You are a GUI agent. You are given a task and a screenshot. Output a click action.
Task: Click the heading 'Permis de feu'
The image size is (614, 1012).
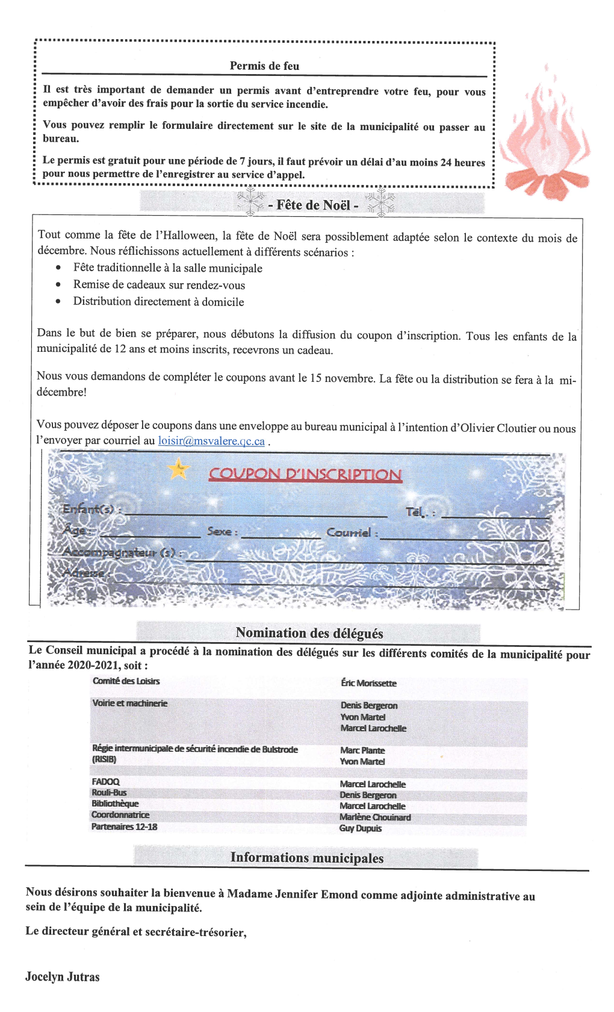coord(264,66)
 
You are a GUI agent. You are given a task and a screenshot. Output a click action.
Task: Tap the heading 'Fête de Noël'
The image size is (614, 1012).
coord(313,205)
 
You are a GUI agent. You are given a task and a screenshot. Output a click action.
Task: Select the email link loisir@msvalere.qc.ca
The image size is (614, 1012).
coord(211,441)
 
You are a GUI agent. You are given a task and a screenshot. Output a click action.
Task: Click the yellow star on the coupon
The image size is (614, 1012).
coord(178,469)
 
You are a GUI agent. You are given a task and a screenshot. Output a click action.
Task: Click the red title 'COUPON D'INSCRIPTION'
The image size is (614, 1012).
coord(305,474)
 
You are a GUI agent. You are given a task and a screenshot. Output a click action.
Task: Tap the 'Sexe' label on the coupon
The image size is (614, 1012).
coord(222,531)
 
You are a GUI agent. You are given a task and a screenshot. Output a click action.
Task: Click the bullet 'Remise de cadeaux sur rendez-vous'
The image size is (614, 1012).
coord(159,285)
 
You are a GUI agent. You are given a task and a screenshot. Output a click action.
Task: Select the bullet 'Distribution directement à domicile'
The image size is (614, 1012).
coord(158,302)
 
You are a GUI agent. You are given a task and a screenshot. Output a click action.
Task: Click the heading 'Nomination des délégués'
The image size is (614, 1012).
coord(309,633)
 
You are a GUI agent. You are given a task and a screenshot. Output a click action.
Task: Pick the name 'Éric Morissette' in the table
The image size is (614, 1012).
coord(368,683)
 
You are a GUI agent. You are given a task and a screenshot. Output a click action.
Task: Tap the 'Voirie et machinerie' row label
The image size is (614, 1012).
coord(129,703)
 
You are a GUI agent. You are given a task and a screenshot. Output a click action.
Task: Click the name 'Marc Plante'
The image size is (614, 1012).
coord(362,751)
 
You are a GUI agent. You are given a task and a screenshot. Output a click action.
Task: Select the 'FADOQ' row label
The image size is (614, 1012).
coord(105,782)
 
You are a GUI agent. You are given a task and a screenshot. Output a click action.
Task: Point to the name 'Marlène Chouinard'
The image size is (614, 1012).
coord(375,817)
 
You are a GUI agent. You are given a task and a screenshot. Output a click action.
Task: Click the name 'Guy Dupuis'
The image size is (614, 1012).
coord(361,828)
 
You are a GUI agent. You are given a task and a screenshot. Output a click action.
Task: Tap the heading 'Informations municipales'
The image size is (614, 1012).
coord(306,858)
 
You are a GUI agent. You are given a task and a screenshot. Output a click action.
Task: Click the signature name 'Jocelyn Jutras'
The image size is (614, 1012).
coord(63,977)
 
